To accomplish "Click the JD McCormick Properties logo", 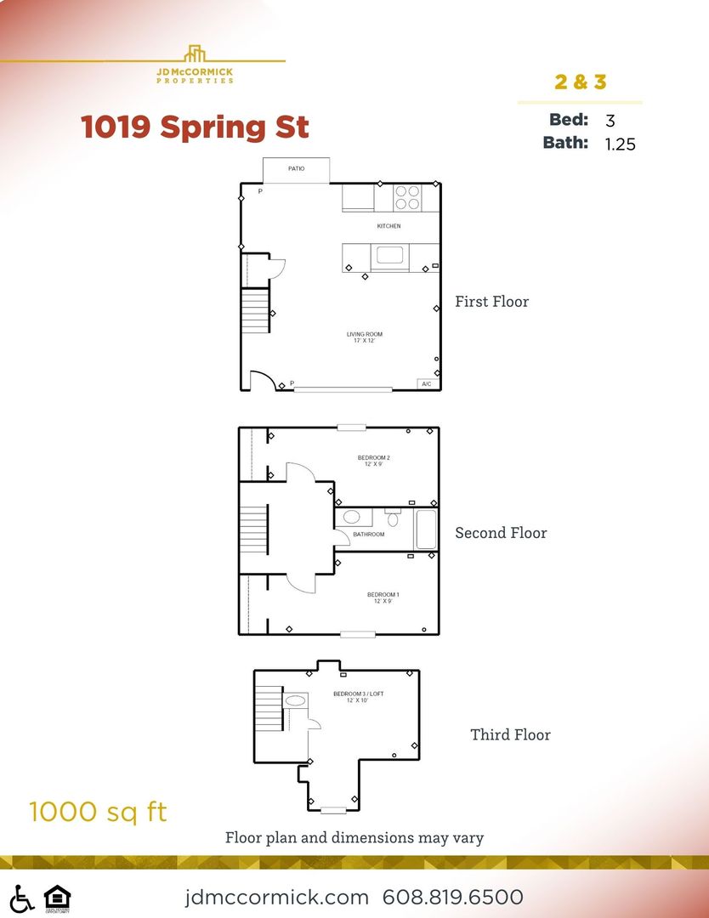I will [x=195, y=65].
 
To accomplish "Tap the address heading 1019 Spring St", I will [x=195, y=127].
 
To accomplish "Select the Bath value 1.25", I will [x=620, y=144].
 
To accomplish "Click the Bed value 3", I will [x=610, y=121].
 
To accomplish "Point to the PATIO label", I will [x=296, y=169].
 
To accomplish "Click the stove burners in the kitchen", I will [x=407, y=198].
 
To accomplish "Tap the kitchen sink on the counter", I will [x=390, y=255].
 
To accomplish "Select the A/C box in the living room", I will [x=427, y=384].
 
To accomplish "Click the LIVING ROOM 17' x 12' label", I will [x=364, y=337].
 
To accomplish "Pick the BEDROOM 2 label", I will [x=373, y=461].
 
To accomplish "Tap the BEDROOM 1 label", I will [x=383, y=598].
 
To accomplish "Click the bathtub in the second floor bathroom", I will [x=425, y=530].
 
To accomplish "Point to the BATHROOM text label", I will [x=369, y=535].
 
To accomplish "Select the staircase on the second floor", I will [x=254, y=529].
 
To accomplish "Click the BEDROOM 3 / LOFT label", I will [x=358, y=697].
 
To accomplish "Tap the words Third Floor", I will [x=510, y=734].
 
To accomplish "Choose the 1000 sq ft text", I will [x=98, y=812].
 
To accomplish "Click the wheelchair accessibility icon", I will [x=22, y=898].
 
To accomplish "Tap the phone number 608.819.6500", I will [x=452, y=898].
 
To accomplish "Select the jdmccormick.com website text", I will [x=277, y=898].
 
